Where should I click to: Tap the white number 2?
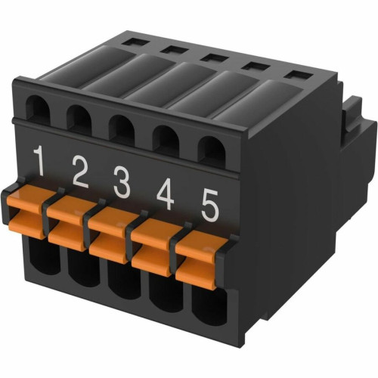80,172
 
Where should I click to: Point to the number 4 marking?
166,194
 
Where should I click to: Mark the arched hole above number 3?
121,130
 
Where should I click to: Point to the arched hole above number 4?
166,140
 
